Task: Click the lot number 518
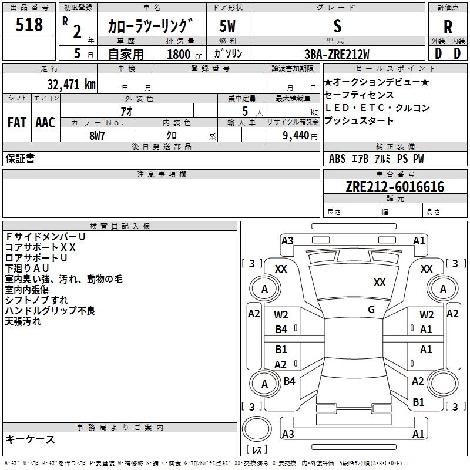(29, 25)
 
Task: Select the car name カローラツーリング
(150, 26)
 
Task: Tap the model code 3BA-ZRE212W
(337, 54)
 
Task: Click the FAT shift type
(16, 123)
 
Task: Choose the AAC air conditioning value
(45, 123)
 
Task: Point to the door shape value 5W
(227, 26)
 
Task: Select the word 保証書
(20, 158)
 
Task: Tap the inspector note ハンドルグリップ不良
(50, 311)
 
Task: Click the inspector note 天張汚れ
(23, 321)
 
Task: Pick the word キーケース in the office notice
(30, 439)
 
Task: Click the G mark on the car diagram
(371, 310)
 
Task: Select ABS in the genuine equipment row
(337, 159)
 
